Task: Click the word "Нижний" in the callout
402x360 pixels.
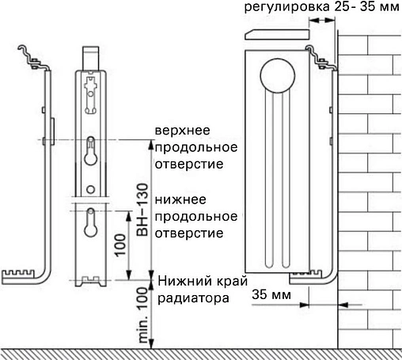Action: click(181, 282)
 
